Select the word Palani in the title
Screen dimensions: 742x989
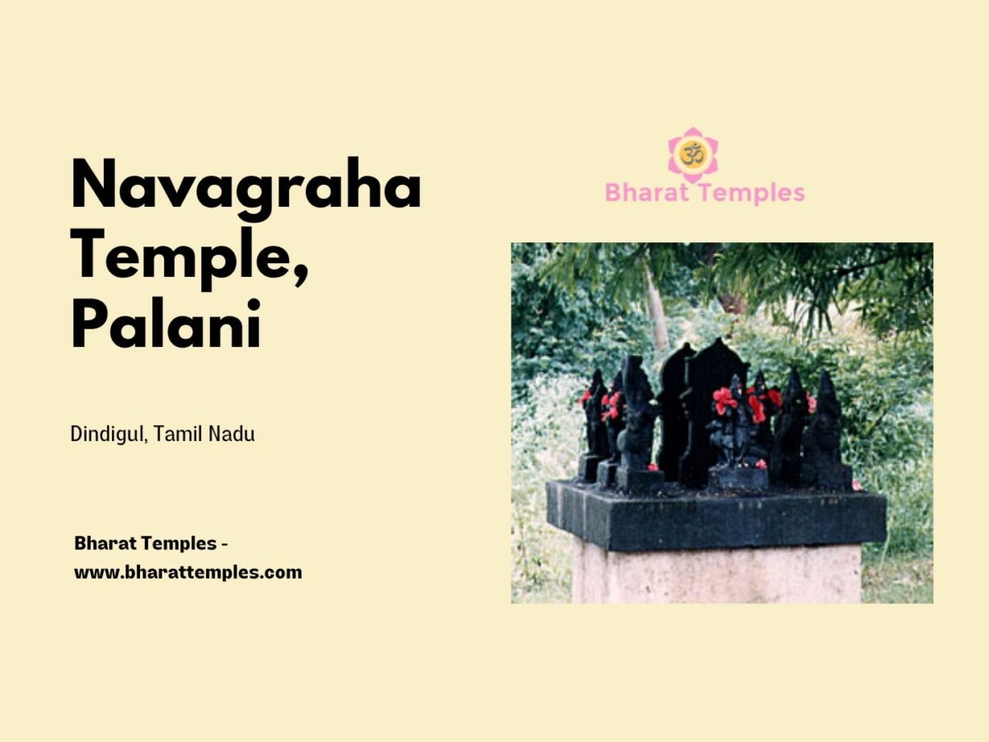tap(166, 324)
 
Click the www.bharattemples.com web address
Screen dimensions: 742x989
tap(188, 571)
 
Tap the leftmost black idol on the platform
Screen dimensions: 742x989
tap(592, 425)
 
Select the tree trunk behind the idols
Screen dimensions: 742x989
tap(656, 305)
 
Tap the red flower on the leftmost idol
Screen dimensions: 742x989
tap(586, 397)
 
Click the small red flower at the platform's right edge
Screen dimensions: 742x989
tap(857, 486)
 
